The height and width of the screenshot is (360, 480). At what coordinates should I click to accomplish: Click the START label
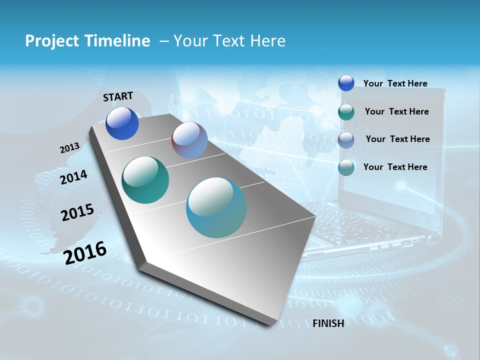[118, 96]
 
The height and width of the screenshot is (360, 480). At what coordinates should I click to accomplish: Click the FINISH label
[328, 323]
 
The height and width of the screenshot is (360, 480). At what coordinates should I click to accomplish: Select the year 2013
[69, 148]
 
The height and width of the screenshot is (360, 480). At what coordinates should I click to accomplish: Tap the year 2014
[73, 177]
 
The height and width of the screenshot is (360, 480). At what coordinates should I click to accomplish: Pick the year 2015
[77, 212]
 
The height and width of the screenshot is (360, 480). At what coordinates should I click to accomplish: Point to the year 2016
[85, 252]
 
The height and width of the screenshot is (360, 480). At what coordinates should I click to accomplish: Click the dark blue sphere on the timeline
[122, 123]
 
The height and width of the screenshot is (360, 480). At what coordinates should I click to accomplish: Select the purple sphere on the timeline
[189, 140]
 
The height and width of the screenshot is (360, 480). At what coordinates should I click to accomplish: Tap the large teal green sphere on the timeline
[145, 180]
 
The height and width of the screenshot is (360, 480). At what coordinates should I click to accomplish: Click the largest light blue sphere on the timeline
[216, 207]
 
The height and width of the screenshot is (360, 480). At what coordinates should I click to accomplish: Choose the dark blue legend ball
[346, 83]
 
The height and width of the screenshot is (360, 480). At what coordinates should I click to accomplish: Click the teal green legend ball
[346, 112]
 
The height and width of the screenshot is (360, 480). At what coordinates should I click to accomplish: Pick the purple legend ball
[346, 139]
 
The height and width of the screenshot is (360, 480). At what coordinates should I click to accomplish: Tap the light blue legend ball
[346, 167]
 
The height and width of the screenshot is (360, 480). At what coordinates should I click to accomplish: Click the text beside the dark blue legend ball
[395, 83]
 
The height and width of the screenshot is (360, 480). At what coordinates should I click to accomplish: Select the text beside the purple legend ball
[397, 139]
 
